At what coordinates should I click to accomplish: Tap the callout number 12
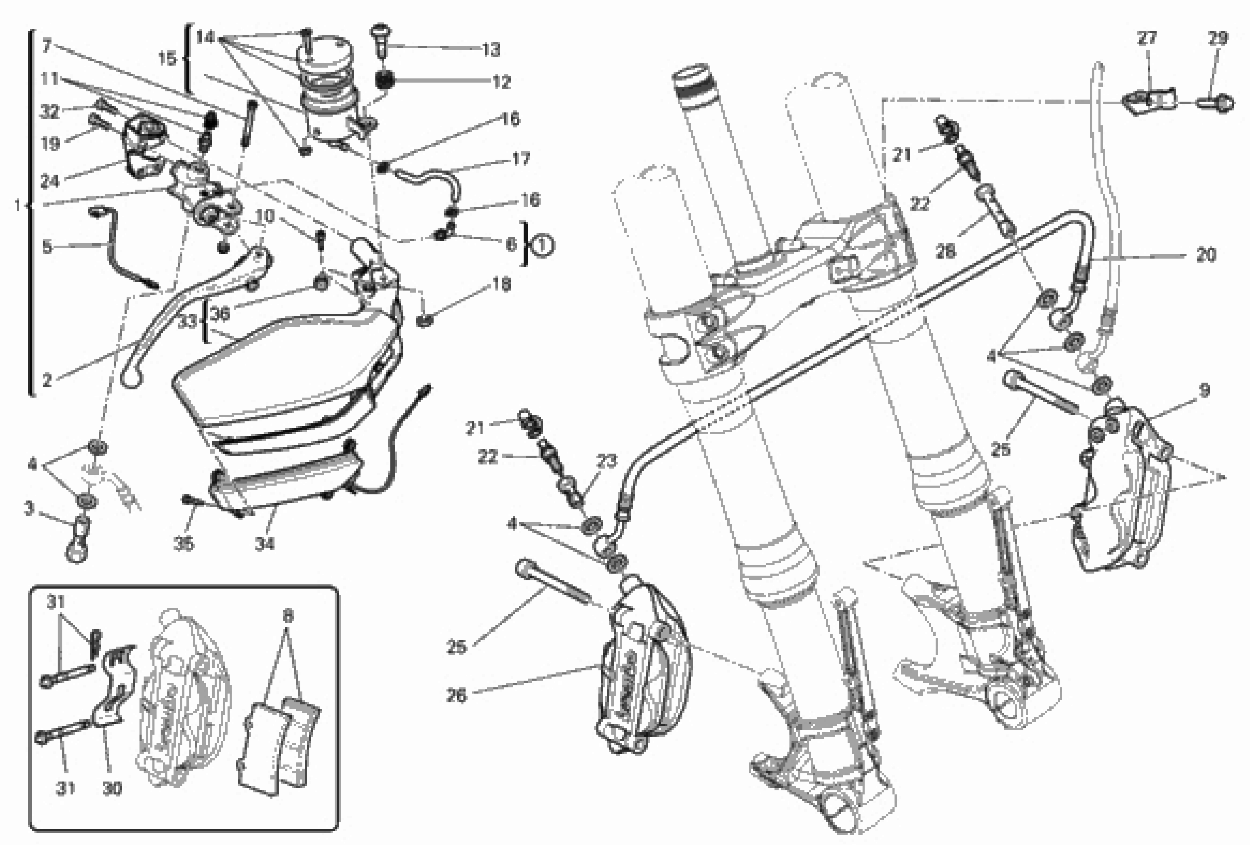(501, 82)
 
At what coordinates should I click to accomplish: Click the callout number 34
(265, 544)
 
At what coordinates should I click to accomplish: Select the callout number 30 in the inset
(112, 789)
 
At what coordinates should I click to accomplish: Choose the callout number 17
(521, 159)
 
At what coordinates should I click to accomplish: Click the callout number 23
(606, 461)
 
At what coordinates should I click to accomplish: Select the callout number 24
(50, 182)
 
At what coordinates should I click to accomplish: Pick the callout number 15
(167, 58)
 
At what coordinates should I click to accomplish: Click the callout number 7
(47, 46)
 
